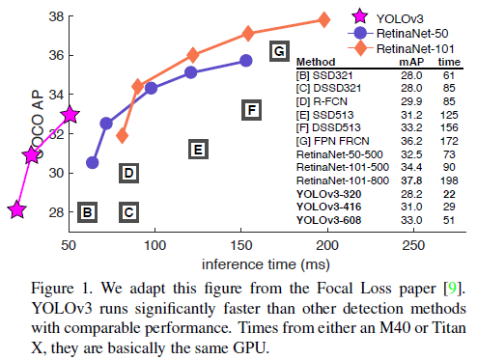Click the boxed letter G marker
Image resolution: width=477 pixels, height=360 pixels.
(279, 51)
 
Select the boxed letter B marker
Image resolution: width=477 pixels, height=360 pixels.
(87, 212)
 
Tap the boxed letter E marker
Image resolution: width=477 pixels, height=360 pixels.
(198, 150)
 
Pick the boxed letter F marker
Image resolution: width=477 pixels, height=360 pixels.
(251, 110)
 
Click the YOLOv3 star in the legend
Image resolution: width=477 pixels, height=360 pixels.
(359, 17)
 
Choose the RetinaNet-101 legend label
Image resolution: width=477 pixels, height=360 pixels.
(415, 49)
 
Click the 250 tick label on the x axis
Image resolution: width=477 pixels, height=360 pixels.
(413, 245)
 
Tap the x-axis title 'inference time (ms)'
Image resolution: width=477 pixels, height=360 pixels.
(266, 264)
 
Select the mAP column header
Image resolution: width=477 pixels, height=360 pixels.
(411, 62)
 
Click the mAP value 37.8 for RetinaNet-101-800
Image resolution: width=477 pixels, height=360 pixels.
(411, 180)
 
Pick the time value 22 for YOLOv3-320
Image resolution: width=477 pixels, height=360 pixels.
(449, 194)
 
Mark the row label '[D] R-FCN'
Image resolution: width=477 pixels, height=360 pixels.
(322, 101)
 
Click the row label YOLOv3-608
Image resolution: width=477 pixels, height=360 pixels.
(328, 220)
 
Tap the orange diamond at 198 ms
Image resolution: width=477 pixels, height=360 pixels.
(323, 19)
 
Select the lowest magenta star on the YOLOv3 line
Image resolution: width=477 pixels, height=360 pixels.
(16, 209)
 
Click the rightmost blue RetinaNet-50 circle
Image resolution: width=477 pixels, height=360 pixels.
(246, 61)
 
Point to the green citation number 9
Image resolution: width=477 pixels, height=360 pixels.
(452, 288)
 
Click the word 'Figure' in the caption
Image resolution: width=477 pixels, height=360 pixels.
(52, 289)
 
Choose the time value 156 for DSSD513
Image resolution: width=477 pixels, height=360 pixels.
(449, 127)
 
